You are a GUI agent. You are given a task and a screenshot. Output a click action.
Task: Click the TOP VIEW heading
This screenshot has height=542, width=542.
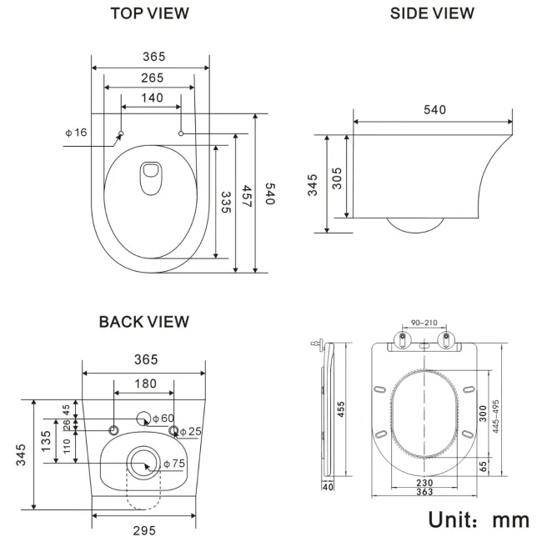point(150,13)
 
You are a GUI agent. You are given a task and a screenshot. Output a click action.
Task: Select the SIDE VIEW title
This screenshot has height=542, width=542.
point(432,13)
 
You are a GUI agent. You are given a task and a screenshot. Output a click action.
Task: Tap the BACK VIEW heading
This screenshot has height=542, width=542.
point(143,322)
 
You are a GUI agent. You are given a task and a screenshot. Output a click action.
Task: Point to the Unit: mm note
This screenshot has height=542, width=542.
point(479,519)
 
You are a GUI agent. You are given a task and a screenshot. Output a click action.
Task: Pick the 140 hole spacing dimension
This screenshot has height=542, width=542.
point(151,98)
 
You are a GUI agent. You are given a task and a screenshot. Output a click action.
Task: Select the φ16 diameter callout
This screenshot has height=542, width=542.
point(76,133)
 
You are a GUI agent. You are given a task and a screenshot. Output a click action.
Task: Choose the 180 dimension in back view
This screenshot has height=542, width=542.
point(143,383)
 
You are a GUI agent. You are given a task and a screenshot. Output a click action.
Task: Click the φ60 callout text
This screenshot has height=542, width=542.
point(163,418)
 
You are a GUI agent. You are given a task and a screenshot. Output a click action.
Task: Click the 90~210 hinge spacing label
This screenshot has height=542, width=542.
point(425,323)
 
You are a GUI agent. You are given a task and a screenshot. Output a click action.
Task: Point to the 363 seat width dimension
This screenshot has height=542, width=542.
point(424,492)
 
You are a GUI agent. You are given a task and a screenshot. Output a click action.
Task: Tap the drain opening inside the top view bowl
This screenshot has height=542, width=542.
point(151,177)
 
